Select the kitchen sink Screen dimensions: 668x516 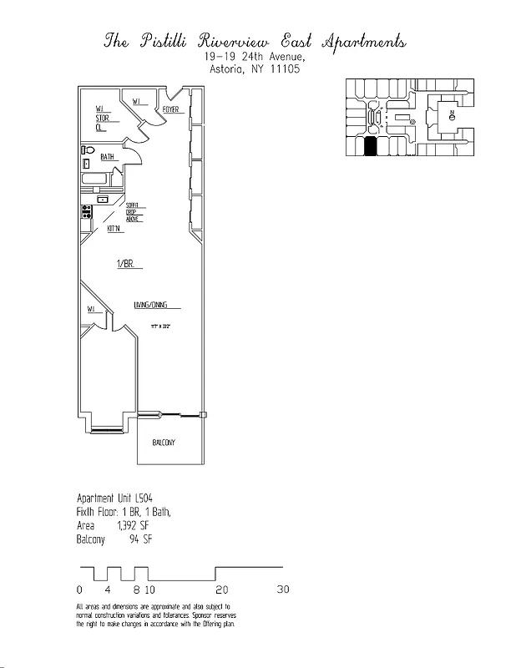[102, 200]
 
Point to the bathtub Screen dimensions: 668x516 [94, 180]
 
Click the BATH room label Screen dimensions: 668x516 [108, 157]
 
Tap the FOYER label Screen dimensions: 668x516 [171, 109]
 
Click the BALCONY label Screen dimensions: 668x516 [164, 443]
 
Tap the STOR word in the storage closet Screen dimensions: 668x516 [102, 119]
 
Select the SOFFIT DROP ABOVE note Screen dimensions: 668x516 [133, 212]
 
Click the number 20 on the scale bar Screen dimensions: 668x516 [222, 589]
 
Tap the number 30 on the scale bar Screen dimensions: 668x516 [283, 589]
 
